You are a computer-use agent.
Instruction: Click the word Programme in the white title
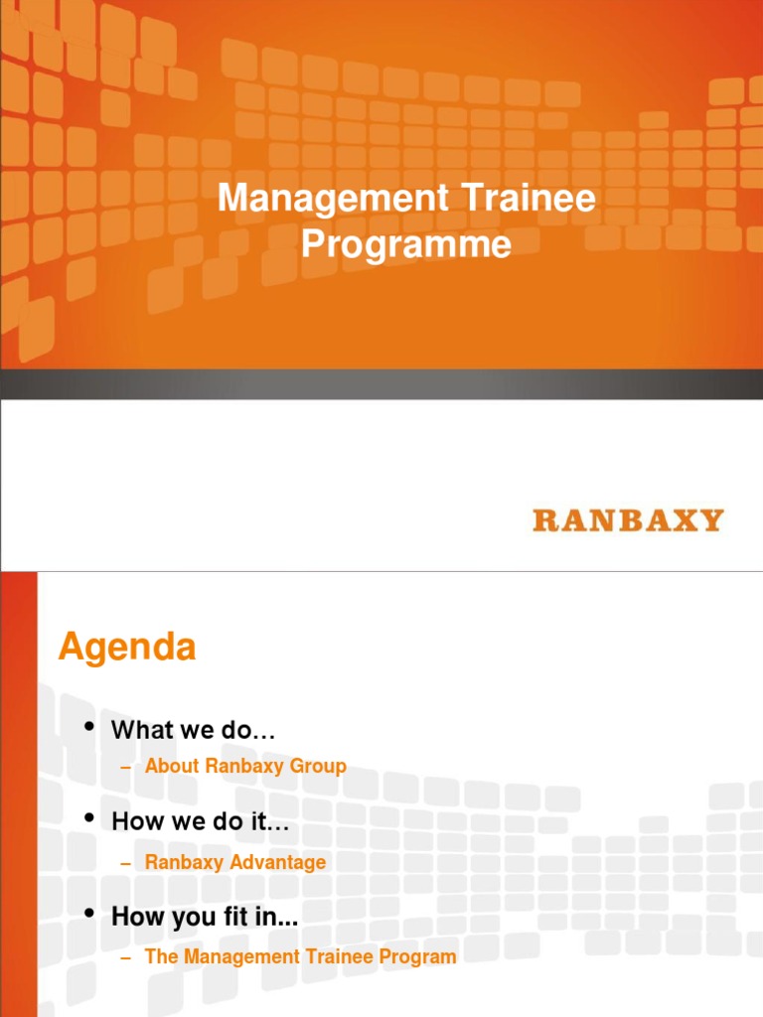[x=406, y=243]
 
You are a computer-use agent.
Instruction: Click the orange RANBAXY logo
[x=628, y=519]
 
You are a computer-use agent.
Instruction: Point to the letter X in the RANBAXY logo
[x=684, y=519]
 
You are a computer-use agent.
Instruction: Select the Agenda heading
[x=127, y=648]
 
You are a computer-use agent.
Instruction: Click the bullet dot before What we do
[x=91, y=728]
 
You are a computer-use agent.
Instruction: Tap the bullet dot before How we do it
[x=91, y=819]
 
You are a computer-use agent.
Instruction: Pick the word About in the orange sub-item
[x=172, y=766]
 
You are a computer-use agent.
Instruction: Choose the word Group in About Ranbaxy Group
[x=319, y=766]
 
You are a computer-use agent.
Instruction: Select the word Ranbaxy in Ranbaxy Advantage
[x=185, y=862]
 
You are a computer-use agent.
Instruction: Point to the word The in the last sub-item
[x=160, y=956]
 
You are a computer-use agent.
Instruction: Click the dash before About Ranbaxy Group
[x=125, y=767]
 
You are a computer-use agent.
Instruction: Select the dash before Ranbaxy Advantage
[x=125, y=863]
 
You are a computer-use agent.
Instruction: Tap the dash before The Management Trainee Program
[x=125, y=957]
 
